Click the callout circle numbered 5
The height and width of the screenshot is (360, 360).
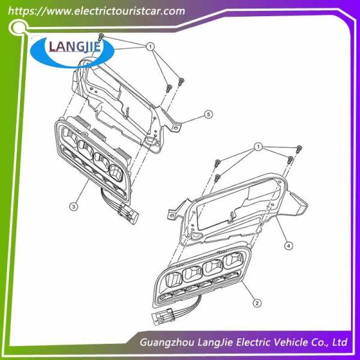(x=208, y=114)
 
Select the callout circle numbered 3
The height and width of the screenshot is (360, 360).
(x=73, y=206)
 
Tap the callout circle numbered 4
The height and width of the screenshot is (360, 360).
(x=289, y=245)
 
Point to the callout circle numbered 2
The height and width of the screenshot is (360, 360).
(x=257, y=303)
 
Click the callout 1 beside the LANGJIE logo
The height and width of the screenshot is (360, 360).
(x=151, y=47)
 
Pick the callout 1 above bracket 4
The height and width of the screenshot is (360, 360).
(x=259, y=146)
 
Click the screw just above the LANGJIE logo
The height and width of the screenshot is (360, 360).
(x=101, y=37)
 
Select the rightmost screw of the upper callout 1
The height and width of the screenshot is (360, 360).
(x=181, y=81)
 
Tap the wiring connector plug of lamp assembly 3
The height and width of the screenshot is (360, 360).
(x=128, y=214)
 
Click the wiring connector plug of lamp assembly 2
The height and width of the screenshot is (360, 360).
(x=163, y=316)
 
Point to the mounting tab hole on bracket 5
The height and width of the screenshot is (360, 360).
(x=176, y=128)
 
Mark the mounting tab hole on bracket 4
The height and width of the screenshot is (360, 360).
(x=171, y=215)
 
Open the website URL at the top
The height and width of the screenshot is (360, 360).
(x=97, y=11)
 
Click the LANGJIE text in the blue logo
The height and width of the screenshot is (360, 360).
(x=75, y=47)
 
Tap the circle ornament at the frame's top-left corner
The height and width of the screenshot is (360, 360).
(x=17, y=28)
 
